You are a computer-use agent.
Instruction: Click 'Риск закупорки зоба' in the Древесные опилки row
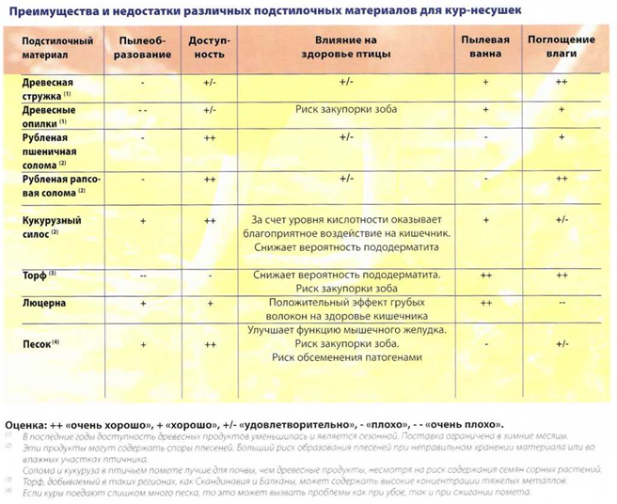pyautogui.click(x=345, y=110)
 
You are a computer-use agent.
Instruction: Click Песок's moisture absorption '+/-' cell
pyautogui.click(x=562, y=344)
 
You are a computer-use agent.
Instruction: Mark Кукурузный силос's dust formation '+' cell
pyautogui.click(x=142, y=219)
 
